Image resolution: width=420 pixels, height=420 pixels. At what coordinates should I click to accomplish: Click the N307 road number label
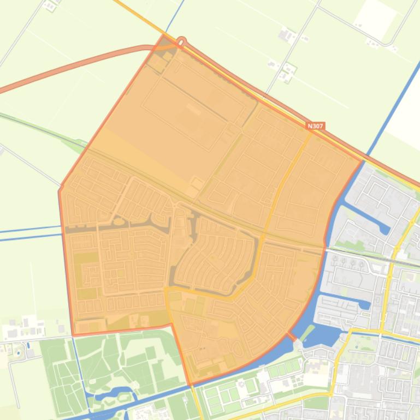(316, 126)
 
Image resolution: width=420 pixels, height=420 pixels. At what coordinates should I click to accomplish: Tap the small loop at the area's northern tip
(182, 41)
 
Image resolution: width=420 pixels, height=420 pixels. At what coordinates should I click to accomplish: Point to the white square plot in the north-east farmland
(375, 19)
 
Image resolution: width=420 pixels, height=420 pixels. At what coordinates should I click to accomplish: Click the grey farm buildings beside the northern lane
(286, 35)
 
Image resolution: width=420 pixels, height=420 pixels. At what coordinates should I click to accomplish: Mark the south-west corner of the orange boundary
(73, 334)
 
